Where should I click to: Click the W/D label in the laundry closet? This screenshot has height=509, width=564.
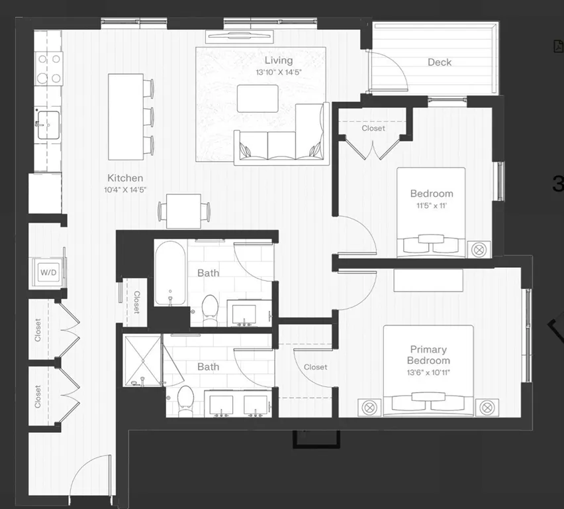click(47, 272)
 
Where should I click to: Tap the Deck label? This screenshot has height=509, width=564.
click(439, 62)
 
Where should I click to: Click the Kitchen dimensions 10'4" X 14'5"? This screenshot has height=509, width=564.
click(125, 190)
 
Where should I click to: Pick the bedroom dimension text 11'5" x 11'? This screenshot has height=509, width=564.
click(432, 205)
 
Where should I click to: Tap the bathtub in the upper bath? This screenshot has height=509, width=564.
click(171, 274)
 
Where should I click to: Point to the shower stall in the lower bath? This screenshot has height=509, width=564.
click(142, 360)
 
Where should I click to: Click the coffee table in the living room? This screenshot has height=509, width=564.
click(258, 99)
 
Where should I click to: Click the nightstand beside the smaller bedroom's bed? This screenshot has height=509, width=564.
click(479, 250)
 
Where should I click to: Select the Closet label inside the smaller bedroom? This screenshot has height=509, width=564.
click(373, 129)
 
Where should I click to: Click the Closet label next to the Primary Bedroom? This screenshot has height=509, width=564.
click(315, 367)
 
